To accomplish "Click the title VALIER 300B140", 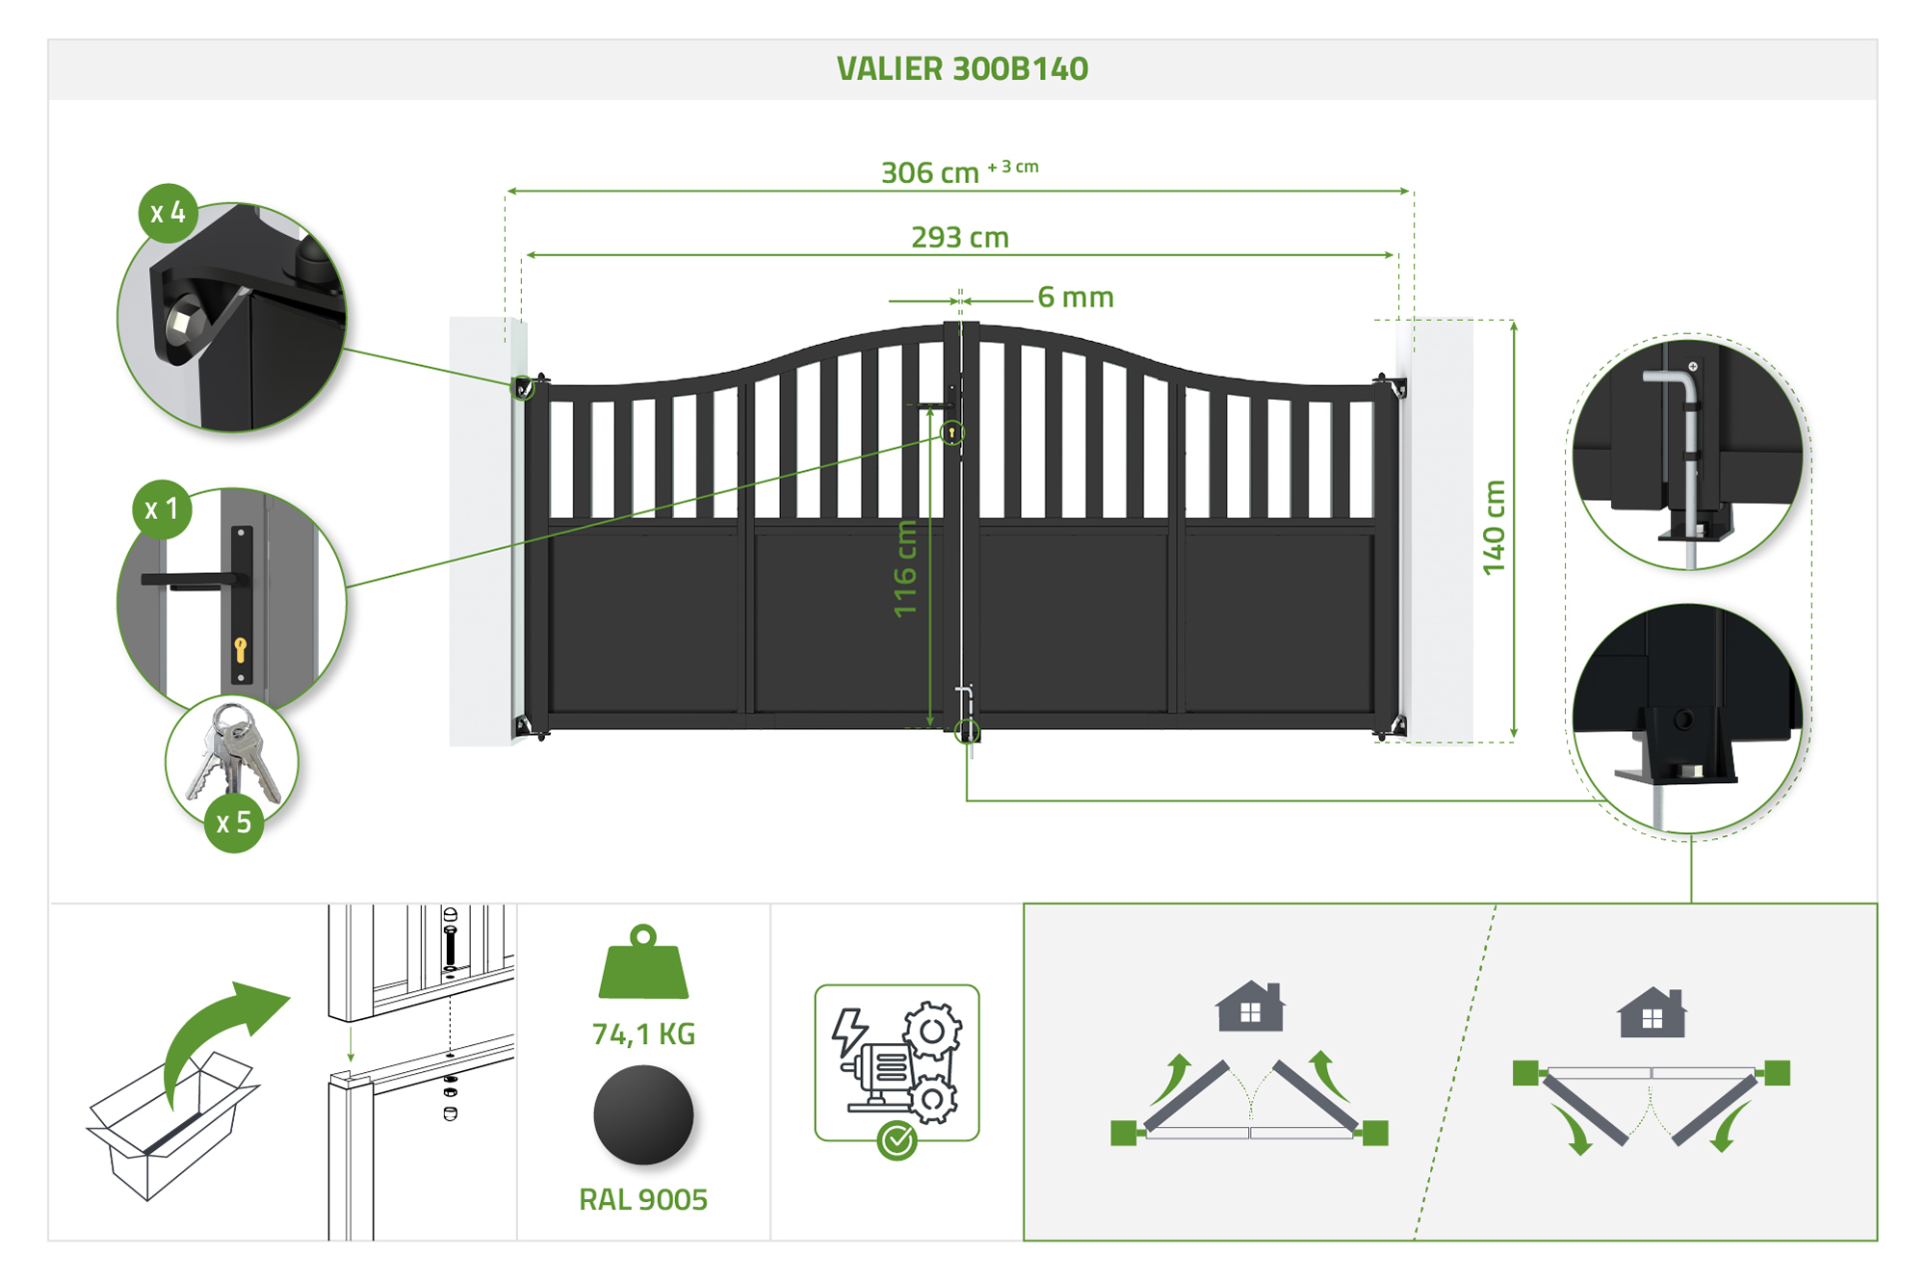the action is pyautogui.click(x=962, y=69).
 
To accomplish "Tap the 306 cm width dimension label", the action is pyautogui.click(x=930, y=173).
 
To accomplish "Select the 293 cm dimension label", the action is pyautogui.click(x=960, y=237).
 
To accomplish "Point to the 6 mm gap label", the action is pyautogui.click(x=1076, y=298).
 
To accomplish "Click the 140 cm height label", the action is pyautogui.click(x=1494, y=528).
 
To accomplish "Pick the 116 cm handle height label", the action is pyautogui.click(x=905, y=568).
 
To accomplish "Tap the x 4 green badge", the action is pyautogui.click(x=169, y=213).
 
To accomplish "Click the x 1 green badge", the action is pyautogui.click(x=162, y=510).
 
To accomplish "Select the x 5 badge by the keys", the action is pyautogui.click(x=234, y=823).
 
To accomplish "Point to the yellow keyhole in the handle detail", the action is pyautogui.click(x=240, y=649).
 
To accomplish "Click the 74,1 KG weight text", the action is pyautogui.click(x=643, y=1034).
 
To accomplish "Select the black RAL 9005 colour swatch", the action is pyautogui.click(x=643, y=1115).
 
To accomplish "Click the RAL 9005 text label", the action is pyautogui.click(x=643, y=1200).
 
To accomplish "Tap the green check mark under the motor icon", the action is pyautogui.click(x=898, y=1141).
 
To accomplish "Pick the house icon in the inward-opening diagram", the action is pyautogui.click(x=1250, y=1006).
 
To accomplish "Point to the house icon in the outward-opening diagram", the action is pyautogui.click(x=1653, y=1012).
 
